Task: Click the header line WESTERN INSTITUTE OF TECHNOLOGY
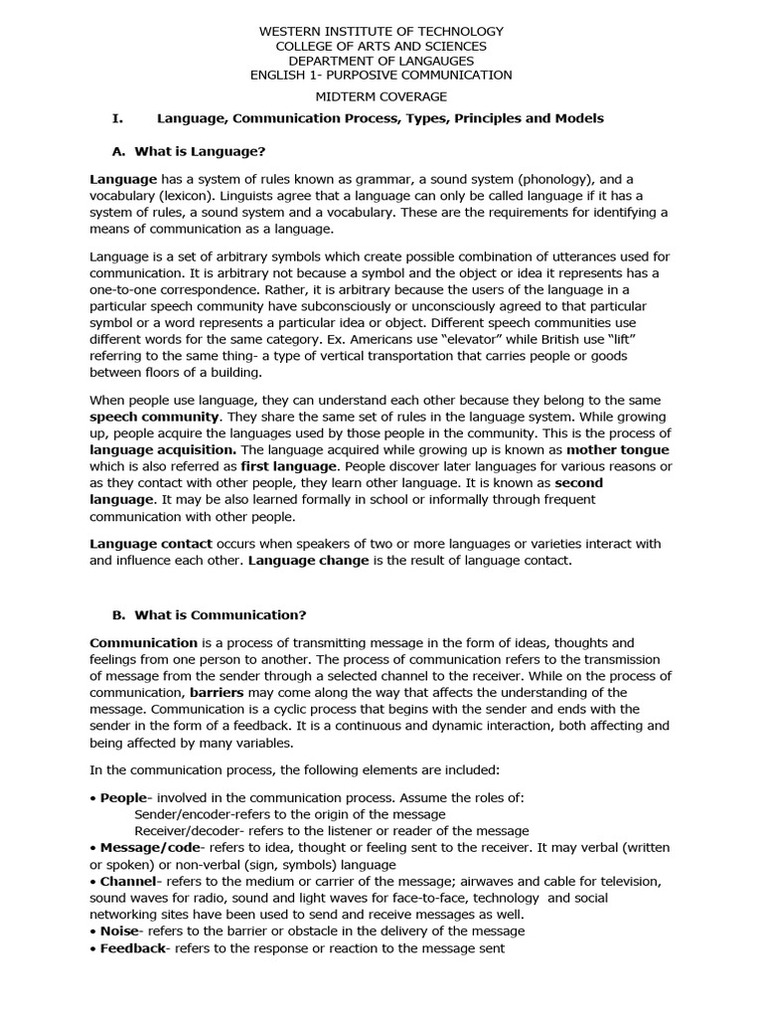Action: click(381, 32)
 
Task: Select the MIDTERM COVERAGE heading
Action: click(381, 96)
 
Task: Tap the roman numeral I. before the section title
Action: click(117, 118)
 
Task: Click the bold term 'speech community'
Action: click(153, 417)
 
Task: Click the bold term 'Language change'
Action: click(307, 561)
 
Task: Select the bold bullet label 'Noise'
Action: click(118, 932)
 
